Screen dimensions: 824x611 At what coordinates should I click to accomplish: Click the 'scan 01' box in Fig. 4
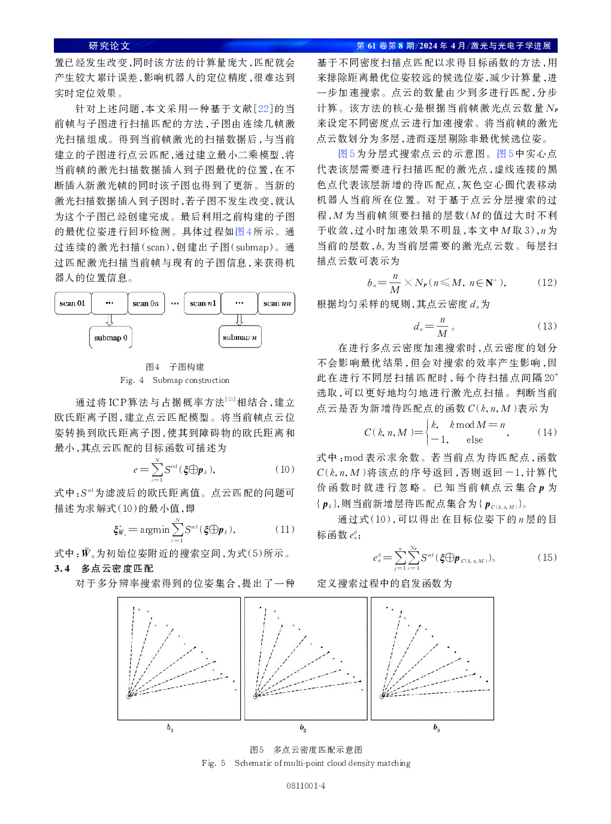pos(72,303)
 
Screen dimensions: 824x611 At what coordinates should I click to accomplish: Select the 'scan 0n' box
pos(146,303)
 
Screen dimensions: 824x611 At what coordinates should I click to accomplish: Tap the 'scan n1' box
pos(202,303)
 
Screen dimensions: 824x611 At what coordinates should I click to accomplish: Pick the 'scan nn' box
pos(277,303)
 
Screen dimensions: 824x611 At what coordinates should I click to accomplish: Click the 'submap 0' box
pos(111,337)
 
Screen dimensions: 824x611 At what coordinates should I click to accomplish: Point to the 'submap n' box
pos(240,337)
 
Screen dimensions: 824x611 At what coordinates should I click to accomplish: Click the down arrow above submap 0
pos(110,320)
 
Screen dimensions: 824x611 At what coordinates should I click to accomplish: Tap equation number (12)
pos(547,282)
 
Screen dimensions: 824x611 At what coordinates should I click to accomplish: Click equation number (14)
pos(547,432)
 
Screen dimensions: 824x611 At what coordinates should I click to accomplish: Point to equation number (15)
pos(547,557)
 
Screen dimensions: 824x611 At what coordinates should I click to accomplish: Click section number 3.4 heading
pos(62,568)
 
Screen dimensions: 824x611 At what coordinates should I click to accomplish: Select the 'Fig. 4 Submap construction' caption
pos(175,380)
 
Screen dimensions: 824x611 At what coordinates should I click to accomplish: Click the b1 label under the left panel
pos(170,728)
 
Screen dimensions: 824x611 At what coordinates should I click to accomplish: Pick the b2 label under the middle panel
pos(303,728)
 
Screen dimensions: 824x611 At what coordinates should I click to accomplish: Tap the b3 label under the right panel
pos(436,728)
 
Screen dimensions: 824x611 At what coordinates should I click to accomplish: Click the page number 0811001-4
pos(305,786)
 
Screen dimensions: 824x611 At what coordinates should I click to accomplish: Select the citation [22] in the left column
pos(264,108)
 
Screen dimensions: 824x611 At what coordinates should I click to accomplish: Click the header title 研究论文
pos(109,46)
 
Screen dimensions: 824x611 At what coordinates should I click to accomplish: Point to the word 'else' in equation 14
pos(474,440)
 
